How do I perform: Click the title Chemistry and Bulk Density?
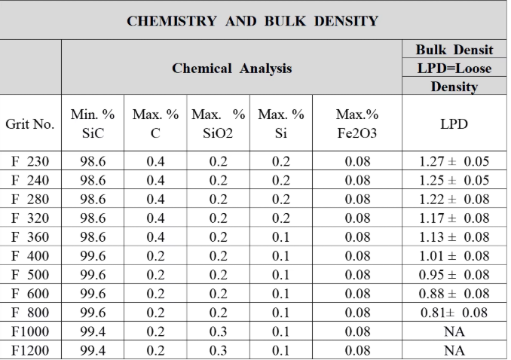pos(252,21)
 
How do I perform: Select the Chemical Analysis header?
pos(231,69)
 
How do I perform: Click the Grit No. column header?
pos(30,124)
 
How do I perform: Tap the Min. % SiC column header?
pos(93,124)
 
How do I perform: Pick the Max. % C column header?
pos(155,124)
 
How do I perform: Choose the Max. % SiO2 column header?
pos(218,124)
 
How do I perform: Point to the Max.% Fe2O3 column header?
pos(357,124)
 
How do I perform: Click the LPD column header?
pos(454,124)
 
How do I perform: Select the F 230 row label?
pos(30,161)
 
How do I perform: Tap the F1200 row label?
pos(30,350)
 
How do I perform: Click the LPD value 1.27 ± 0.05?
pos(454,161)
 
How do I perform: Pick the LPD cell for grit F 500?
pos(454,275)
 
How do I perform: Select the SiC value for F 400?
pos(93,256)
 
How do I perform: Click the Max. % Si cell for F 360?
pos(280,236)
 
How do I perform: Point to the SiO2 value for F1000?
pos(218,331)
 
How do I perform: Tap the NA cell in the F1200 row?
pos(454,350)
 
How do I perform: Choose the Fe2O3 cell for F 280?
pos(357,199)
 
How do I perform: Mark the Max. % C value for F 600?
pos(155,294)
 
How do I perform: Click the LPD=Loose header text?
pos(454,69)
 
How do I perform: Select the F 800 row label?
pos(30,313)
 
